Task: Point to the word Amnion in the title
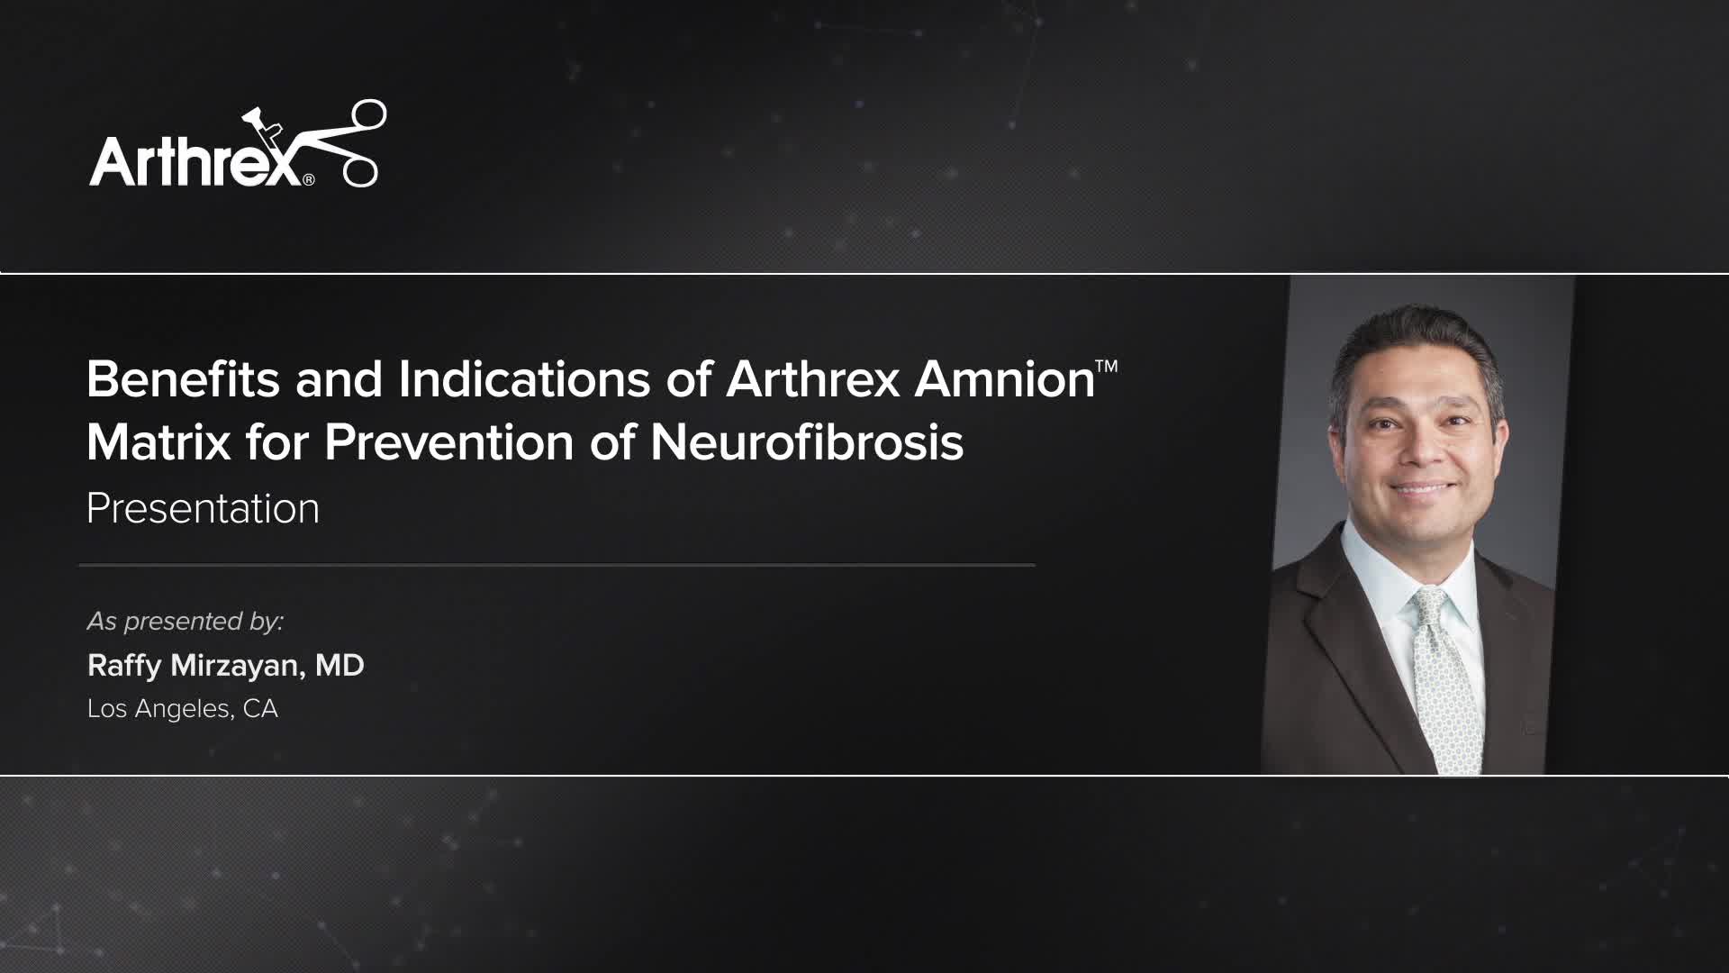tap(1004, 379)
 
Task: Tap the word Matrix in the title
tap(158, 442)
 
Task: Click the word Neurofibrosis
tap(807, 442)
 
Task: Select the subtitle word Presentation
tap(203, 508)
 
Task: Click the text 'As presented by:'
tap(185, 622)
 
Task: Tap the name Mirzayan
tap(233, 666)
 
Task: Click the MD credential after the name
tap(339, 666)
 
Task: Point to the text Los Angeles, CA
tap(183, 709)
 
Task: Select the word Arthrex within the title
tap(813, 379)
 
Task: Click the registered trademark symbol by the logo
tap(309, 179)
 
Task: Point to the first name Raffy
tap(124, 666)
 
